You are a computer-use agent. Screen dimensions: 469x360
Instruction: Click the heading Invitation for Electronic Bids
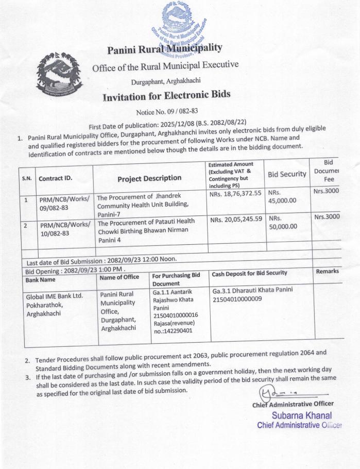(166, 96)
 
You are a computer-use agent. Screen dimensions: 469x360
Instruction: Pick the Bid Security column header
(287, 175)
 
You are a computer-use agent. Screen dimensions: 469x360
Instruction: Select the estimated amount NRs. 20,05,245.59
(236, 220)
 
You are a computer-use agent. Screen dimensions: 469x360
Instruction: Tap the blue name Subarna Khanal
(301, 415)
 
